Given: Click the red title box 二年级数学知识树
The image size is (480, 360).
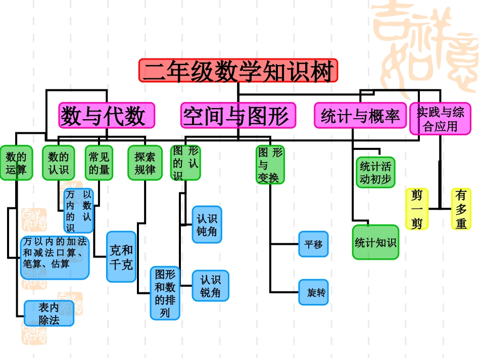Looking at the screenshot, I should point(238,71).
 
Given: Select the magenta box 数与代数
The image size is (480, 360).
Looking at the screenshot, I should point(107,116).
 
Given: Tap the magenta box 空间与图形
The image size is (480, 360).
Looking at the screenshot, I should point(238,116).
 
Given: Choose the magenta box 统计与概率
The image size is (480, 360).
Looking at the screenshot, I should point(360,116).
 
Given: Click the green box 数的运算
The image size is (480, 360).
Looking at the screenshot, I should point(16,163).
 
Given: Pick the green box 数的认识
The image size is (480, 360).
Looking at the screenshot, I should point(59,163).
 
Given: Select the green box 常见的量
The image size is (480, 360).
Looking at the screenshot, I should point(99,163).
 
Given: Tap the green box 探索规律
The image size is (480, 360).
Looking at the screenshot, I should point(145,163).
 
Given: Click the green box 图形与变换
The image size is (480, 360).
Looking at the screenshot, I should point(270,165).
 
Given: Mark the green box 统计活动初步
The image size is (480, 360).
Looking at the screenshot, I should point(375,172).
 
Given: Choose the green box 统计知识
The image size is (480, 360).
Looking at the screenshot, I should point(375,242).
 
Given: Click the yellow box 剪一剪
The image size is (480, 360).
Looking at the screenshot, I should point(417,209).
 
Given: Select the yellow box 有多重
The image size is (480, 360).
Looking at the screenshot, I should point(461,209).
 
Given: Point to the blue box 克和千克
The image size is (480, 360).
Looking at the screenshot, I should point(121,256).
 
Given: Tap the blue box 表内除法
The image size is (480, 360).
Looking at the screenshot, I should point(49,314).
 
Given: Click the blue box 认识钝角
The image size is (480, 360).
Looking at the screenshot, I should point(207,225).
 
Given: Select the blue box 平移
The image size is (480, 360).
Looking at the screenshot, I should point(313,244).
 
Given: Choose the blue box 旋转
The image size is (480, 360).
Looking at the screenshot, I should point(313,292).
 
